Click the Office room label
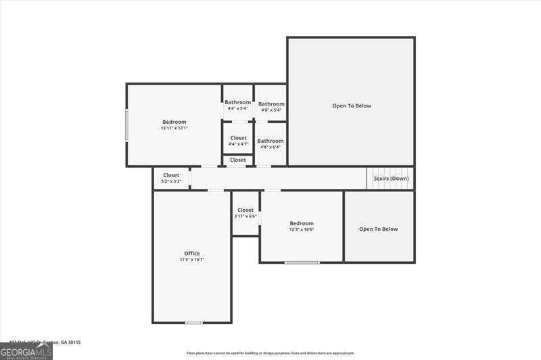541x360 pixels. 192,253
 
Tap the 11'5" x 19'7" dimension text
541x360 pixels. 192,260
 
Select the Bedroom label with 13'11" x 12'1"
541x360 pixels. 174,122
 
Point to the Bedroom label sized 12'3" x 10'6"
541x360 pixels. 302,223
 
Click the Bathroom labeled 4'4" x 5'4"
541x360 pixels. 237,102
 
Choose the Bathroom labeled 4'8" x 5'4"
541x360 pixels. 271,104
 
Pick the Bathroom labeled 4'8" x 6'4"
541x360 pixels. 270,141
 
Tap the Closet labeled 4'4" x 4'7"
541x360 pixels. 238,137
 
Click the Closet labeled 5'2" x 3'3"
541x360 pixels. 171,175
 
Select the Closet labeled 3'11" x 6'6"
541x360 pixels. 245,210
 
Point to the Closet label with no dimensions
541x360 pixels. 238,160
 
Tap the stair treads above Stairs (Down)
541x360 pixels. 390,173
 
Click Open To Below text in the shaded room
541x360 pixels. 379,229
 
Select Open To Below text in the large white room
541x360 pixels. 352,106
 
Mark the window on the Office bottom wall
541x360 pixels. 194,323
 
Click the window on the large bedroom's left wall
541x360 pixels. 126,125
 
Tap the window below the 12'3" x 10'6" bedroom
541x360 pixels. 302,262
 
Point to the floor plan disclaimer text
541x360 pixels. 270,353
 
